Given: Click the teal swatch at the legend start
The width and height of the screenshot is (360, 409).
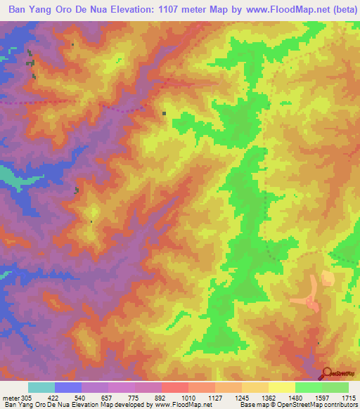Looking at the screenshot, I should [x=41, y=387].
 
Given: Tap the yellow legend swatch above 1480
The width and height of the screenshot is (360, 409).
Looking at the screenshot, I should [x=281, y=387].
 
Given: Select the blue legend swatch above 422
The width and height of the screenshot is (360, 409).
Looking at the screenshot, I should [x=68, y=387].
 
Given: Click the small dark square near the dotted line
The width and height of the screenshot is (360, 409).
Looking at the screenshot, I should [x=165, y=112].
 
